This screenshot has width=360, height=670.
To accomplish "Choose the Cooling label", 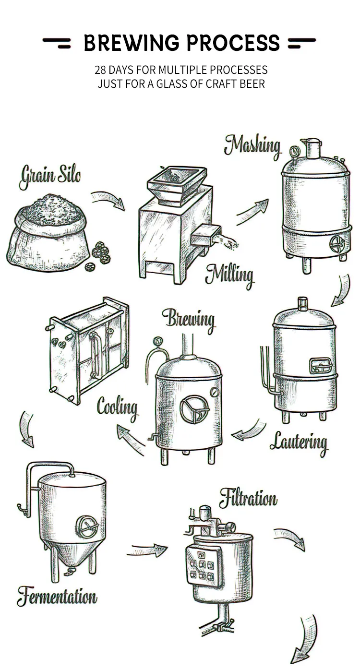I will tap(118, 408).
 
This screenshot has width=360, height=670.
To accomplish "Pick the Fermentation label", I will tap(57, 597).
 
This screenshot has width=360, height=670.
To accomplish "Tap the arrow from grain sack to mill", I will tap(108, 200).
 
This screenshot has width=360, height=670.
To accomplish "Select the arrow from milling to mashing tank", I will tap(252, 212).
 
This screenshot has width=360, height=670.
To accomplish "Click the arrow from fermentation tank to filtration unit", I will tap(147, 550).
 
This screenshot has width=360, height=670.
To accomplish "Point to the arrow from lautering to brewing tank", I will tap(248, 431).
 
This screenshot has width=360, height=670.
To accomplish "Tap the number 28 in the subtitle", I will tap(100, 70).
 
